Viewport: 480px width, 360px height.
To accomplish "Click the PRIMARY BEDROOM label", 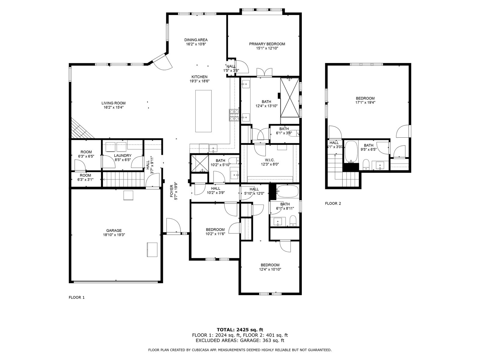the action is (x=267, y=44).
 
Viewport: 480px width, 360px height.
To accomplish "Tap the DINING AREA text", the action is (x=196, y=40).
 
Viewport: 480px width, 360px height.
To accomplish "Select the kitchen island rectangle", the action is (x=203, y=111).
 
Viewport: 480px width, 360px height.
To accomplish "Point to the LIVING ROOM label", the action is (x=113, y=103).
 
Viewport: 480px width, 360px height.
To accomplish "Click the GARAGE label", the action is (x=114, y=231).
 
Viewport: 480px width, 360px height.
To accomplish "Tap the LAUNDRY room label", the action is (x=123, y=155).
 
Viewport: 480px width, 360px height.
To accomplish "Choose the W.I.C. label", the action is (x=270, y=160).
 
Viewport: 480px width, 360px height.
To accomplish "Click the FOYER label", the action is (x=172, y=191).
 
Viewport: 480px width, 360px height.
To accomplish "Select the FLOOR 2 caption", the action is (x=333, y=203).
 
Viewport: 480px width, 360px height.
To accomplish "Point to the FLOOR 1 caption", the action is (x=76, y=298).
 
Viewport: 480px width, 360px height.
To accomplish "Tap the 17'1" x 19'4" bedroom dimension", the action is (x=365, y=102).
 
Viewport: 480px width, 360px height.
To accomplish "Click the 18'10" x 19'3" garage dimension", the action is (x=114, y=235).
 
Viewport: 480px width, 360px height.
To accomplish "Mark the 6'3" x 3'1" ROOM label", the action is (x=85, y=178).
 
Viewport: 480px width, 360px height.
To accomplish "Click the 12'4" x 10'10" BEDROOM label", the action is (x=270, y=267).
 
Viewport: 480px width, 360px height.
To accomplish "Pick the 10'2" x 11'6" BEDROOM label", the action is (x=215, y=232).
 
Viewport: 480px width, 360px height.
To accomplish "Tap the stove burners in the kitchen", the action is (x=234, y=115).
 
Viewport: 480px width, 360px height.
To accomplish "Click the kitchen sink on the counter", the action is (x=213, y=148).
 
